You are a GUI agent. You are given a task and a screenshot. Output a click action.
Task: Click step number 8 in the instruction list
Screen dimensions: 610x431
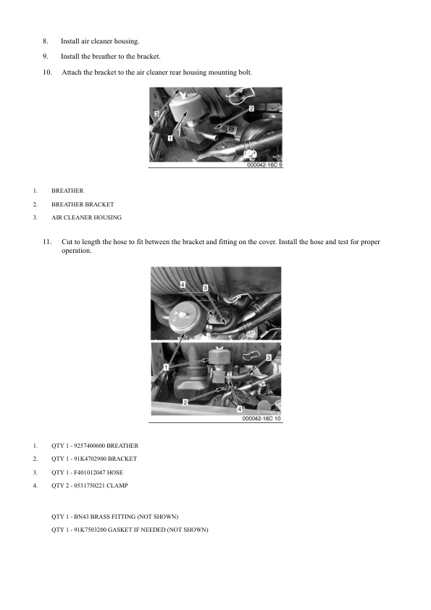45,41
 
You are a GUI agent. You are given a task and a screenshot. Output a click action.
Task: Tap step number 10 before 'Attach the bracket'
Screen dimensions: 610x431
47,72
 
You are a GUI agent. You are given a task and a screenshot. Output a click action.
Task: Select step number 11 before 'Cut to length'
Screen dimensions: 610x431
47,241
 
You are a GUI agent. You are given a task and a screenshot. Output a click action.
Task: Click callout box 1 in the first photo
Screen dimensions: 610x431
170,137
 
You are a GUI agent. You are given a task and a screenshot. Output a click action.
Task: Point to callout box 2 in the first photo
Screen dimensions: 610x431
251,109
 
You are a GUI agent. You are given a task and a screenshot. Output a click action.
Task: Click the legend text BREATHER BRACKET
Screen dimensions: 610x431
83,204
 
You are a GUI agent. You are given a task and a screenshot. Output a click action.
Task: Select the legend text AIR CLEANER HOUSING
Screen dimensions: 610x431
86,217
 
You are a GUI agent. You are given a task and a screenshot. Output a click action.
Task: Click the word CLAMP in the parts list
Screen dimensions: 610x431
118,485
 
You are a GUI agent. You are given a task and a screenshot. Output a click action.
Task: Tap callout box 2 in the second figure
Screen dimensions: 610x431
186,401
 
